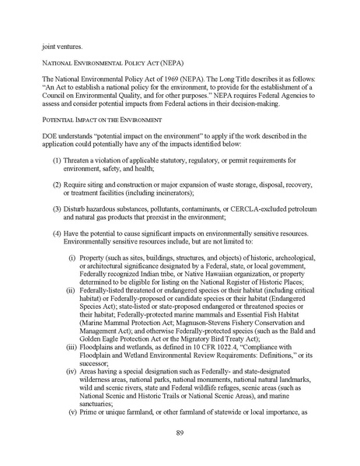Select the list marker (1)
[x=58, y=191]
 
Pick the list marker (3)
[x=58, y=251]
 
